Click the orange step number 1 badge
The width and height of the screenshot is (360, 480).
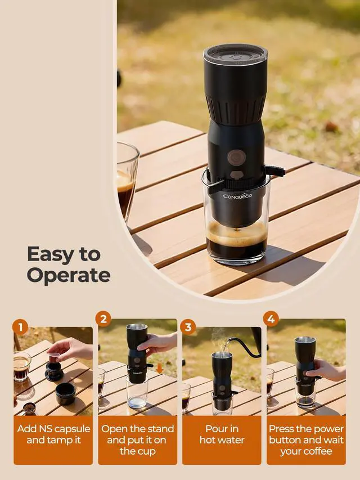(20, 326)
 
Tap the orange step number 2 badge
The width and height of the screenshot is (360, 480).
(103, 319)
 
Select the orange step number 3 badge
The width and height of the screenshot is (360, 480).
(188, 326)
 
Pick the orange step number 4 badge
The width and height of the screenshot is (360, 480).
(271, 319)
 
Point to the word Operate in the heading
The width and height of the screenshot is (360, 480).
(68, 275)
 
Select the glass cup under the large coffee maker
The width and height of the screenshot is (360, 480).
(236, 236)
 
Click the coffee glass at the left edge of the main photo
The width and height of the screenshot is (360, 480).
(126, 180)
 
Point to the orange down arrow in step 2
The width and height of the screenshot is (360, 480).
(160, 368)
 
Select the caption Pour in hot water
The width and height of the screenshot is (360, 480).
(222, 434)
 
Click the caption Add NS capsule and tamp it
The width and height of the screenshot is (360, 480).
(53, 434)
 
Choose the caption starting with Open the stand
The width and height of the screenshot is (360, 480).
(137, 439)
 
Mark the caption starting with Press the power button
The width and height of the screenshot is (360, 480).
(306, 439)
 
